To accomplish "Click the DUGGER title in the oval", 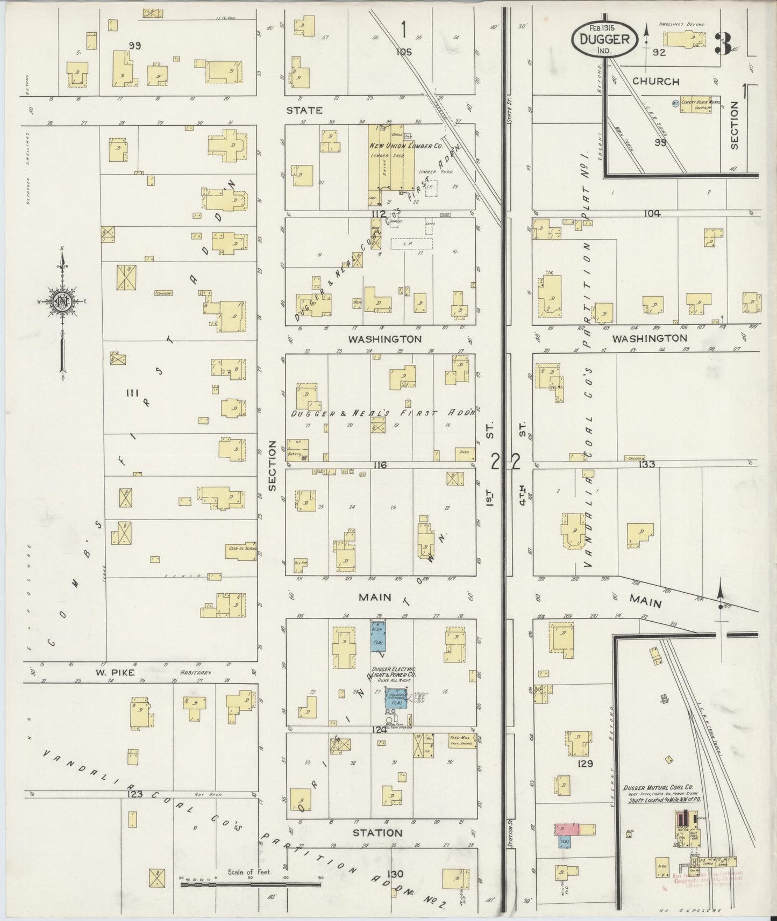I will click(604, 39).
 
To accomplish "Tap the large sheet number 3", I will click(723, 44).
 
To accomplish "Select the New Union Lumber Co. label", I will click(405, 146).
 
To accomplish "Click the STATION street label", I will click(377, 833).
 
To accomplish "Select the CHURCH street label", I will click(655, 81).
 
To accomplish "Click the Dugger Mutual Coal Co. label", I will click(658, 788).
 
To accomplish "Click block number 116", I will click(380, 465).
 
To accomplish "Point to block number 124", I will click(379, 730).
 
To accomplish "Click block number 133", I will click(647, 464).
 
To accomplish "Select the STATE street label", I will click(304, 110).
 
